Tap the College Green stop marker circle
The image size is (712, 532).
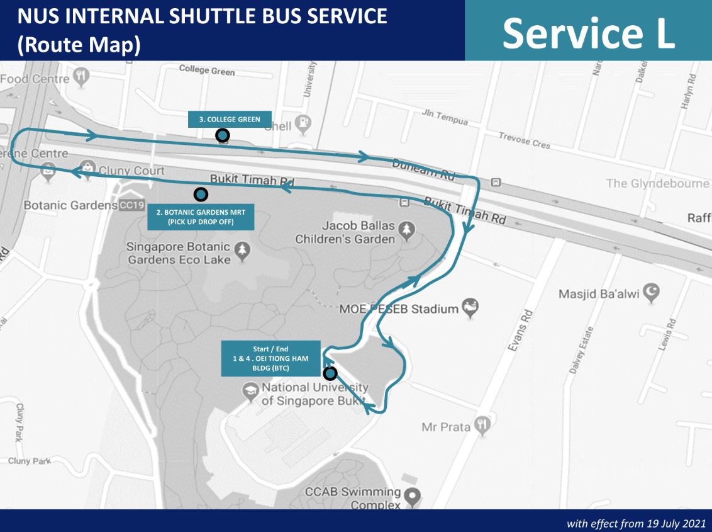click(222, 135)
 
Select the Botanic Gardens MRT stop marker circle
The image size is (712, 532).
click(201, 195)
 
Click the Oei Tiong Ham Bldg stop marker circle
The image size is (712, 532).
click(330, 373)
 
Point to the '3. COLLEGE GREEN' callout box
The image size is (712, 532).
click(230, 120)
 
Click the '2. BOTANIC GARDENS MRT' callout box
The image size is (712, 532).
click(201, 217)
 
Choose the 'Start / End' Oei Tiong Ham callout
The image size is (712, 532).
click(270, 358)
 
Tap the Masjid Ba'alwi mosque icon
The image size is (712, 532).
click(654, 291)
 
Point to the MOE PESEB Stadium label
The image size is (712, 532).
click(399, 309)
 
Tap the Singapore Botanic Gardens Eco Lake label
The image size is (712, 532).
click(179, 253)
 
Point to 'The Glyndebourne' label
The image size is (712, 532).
click(657, 183)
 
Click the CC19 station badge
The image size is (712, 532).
click(128, 205)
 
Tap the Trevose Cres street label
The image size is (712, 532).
click(524, 140)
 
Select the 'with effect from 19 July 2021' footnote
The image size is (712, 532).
click(635, 523)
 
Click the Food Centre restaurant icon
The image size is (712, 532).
click(81, 77)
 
